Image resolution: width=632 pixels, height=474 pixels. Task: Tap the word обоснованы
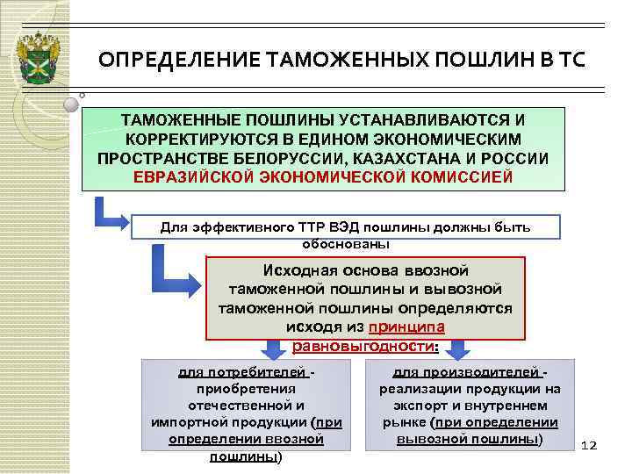(345, 243)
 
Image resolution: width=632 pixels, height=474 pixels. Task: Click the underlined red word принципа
(406, 327)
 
